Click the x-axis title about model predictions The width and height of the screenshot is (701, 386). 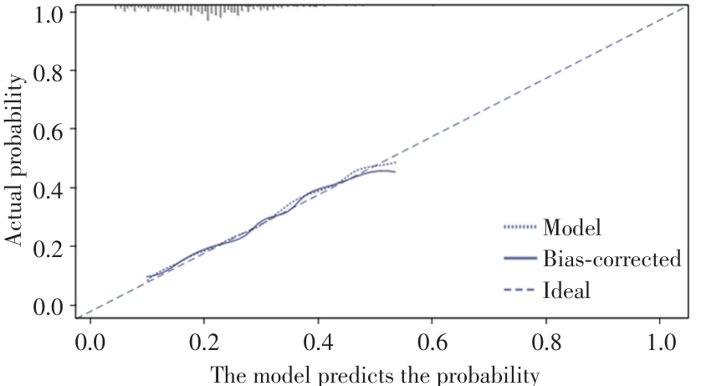(x=373, y=374)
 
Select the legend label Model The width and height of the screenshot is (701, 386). (x=572, y=227)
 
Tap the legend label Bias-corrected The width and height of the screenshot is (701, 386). (x=611, y=259)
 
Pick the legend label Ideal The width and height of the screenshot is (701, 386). (x=566, y=291)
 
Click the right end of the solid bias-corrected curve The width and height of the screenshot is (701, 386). (x=395, y=172)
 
